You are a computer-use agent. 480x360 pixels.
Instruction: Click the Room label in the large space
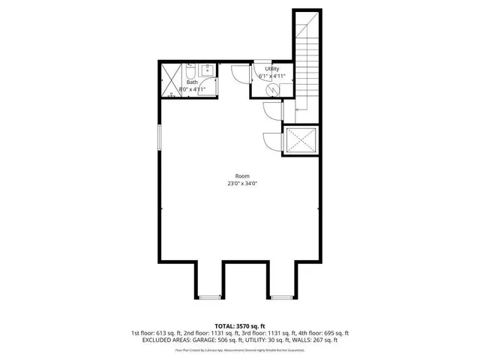click(x=242, y=175)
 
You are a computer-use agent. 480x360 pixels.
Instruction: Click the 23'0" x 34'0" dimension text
click(x=242, y=183)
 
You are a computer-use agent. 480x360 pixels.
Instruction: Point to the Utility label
click(x=271, y=68)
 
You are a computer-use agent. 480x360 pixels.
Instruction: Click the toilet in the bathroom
click(x=190, y=73)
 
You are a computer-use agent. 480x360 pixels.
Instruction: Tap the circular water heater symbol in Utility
click(x=274, y=88)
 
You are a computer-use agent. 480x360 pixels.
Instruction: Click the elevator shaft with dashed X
click(x=300, y=140)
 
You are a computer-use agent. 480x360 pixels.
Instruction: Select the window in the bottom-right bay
click(x=281, y=298)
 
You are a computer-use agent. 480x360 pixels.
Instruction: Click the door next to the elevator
click(x=271, y=139)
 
